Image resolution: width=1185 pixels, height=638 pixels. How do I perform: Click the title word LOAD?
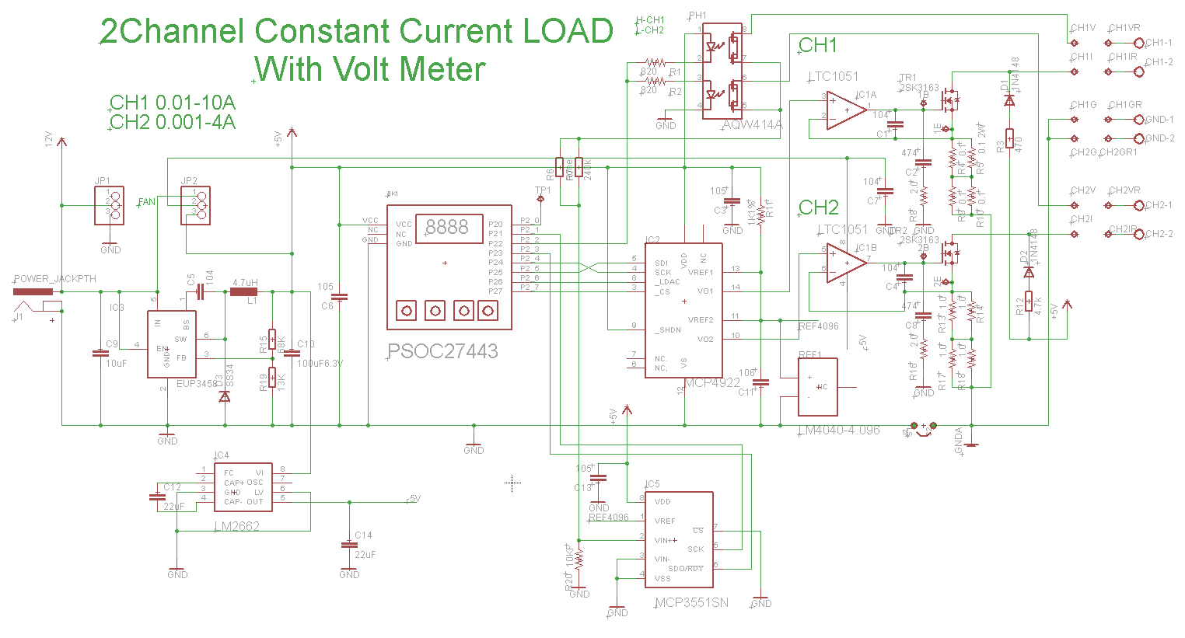click(568, 32)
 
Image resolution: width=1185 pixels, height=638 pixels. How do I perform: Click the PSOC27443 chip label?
click(443, 351)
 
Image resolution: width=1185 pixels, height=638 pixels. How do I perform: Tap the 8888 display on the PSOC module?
click(447, 227)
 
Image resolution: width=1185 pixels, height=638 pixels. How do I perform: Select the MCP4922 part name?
click(712, 382)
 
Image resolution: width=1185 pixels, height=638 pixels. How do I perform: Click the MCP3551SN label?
click(692, 602)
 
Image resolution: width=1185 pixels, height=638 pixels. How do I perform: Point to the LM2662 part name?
click(237, 526)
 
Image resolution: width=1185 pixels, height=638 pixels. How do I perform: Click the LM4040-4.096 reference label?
click(839, 430)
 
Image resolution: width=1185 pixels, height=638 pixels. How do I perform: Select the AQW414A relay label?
click(752, 124)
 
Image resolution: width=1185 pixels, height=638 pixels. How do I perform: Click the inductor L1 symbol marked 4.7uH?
click(244, 292)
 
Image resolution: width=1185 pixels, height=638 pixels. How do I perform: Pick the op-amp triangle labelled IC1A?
click(846, 110)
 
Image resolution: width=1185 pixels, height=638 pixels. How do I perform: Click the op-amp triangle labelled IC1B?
click(846, 263)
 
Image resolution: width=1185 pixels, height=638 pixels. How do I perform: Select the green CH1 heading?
click(818, 46)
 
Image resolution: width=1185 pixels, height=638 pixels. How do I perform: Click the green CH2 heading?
click(819, 207)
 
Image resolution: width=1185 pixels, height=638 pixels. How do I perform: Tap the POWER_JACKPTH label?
click(55, 278)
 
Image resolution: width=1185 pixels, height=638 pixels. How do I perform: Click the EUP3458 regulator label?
click(196, 384)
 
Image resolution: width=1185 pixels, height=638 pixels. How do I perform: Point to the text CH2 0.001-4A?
click(173, 122)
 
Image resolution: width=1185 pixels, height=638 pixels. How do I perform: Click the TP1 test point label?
click(543, 190)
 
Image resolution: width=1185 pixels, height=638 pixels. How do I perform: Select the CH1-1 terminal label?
click(1159, 43)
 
